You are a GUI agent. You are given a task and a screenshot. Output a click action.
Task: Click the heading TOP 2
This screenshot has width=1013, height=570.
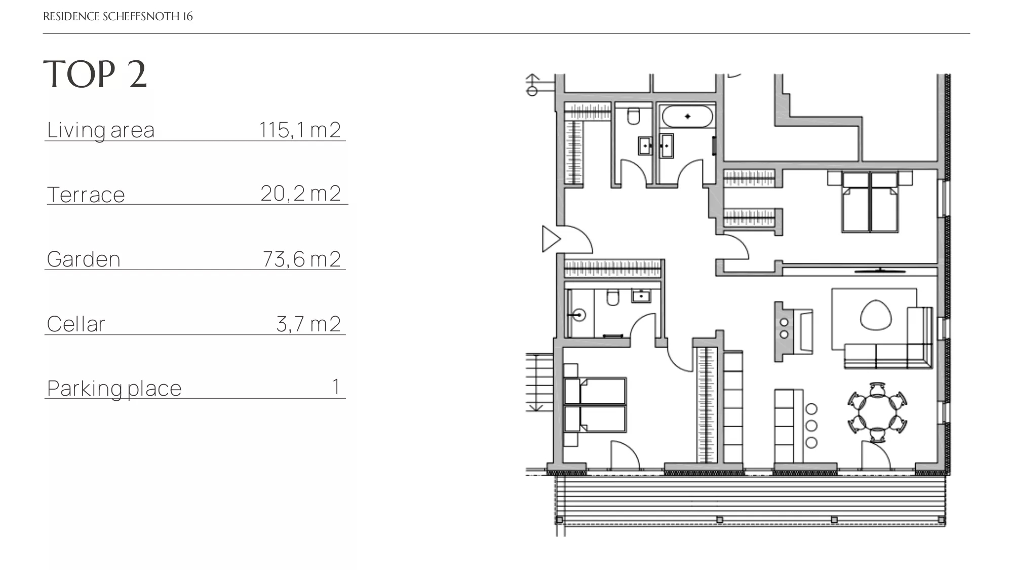tap(95, 74)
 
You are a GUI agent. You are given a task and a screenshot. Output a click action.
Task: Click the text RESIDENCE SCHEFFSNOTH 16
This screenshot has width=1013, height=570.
tap(118, 16)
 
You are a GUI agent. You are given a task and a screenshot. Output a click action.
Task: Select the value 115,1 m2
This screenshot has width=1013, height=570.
tap(300, 130)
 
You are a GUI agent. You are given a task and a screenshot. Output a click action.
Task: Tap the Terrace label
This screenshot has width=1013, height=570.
tap(86, 195)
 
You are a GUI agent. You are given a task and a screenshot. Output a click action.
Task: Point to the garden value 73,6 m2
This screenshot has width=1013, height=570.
tap(301, 259)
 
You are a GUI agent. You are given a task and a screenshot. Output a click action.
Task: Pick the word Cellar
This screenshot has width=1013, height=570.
tap(76, 324)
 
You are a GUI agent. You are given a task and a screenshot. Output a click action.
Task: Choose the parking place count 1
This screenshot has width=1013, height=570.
tap(336, 387)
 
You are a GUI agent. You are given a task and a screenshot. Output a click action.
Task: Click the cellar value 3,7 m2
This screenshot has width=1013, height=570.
tap(308, 324)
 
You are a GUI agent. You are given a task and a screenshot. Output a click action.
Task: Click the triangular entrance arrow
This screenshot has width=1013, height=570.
tap(551, 239)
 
